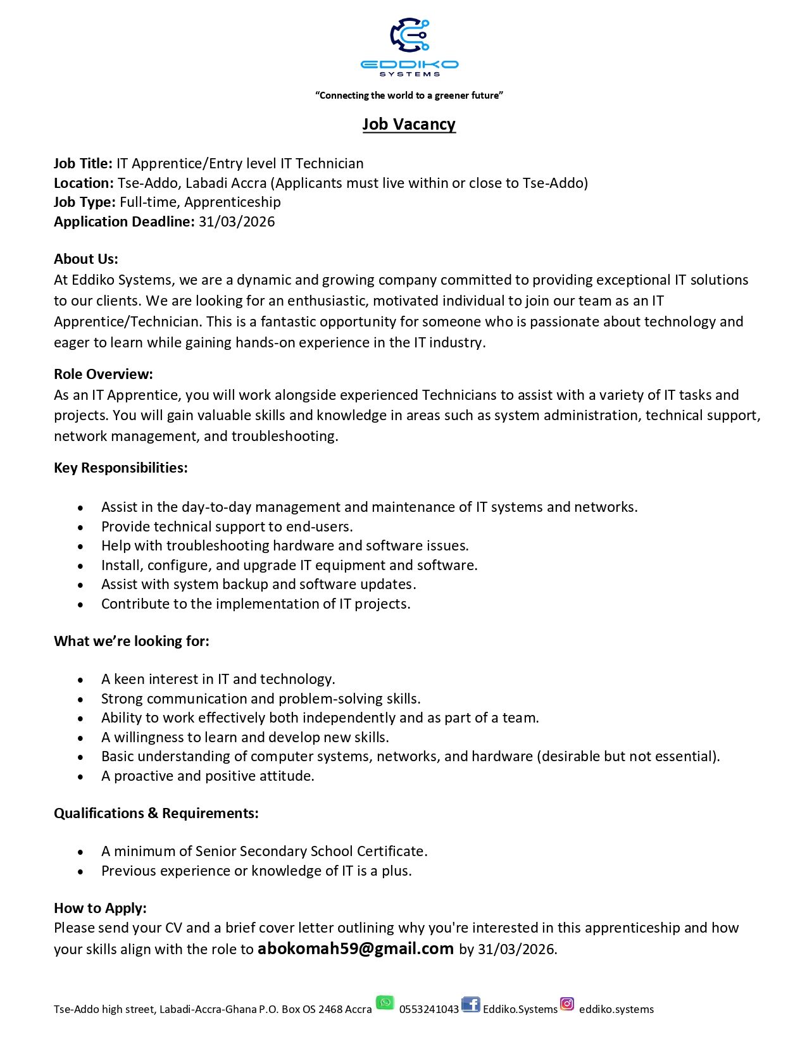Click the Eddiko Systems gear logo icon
[410, 35]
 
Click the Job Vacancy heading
[409, 124]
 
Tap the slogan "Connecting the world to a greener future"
[409, 96]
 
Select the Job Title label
[83, 163]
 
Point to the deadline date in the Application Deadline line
[237, 221]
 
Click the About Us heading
[86, 259]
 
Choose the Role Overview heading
[103, 374]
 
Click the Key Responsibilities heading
[121, 468]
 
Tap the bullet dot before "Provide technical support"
[80, 527]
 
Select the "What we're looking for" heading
[132, 641]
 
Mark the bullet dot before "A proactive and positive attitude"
[80, 776]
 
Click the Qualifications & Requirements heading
[156, 813]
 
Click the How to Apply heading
[100, 908]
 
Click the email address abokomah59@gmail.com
[356, 948]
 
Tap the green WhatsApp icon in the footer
[385, 1003]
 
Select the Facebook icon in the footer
[470, 1004]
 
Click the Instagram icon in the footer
[567, 1004]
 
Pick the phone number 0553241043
[429, 1009]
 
